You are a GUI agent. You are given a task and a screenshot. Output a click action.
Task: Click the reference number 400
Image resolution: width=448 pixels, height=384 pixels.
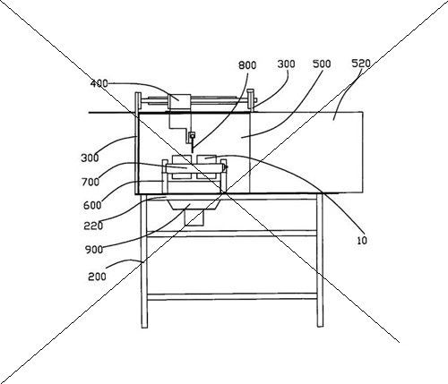[x=99, y=83]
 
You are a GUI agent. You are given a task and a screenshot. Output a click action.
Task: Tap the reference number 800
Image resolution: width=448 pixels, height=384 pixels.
[x=247, y=65]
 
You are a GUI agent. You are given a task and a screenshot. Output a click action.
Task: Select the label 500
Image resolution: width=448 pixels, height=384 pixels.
[x=322, y=64]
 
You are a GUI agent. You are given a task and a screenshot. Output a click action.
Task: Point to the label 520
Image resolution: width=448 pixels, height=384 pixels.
[x=361, y=64]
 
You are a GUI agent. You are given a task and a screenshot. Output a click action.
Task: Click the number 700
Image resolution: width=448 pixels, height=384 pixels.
[x=90, y=182]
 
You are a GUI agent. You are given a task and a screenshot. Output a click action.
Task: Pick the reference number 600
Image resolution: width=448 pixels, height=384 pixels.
[x=92, y=205]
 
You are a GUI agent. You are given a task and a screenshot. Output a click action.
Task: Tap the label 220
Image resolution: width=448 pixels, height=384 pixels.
[x=93, y=226]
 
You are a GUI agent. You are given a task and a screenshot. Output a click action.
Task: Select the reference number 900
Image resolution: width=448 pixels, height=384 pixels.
[x=94, y=250]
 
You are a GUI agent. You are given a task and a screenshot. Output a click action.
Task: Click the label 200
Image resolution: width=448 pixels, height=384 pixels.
[x=97, y=277]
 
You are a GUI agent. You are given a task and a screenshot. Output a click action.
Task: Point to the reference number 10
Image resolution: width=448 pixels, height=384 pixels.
[x=362, y=241]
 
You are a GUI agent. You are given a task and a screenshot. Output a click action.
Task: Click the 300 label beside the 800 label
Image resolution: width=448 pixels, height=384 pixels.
[x=286, y=64]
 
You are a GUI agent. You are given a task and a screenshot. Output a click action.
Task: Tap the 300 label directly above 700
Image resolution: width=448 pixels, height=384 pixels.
[x=90, y=158]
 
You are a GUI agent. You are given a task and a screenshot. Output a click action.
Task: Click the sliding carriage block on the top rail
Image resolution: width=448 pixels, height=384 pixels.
[x=179, y=102]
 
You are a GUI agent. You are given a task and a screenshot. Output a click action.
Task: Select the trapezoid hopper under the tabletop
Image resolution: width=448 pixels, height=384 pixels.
[x=195, y=205]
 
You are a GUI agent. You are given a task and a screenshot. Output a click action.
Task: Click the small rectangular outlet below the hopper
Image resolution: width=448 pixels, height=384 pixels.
[x=194, y=218]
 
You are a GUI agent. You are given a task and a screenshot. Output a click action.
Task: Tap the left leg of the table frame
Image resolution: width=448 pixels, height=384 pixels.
[x=144, y=261]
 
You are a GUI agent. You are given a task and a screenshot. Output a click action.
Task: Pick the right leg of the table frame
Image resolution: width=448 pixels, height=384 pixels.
[x=320, y=260]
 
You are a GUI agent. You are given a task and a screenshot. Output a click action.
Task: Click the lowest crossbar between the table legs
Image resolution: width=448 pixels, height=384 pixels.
[x=232, y=296]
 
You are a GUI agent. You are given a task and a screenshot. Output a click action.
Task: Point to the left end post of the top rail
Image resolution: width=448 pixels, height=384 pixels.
[x=138, y=102]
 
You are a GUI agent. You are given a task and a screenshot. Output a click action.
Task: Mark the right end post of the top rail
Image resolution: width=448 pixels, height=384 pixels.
[x=251, y=100]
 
